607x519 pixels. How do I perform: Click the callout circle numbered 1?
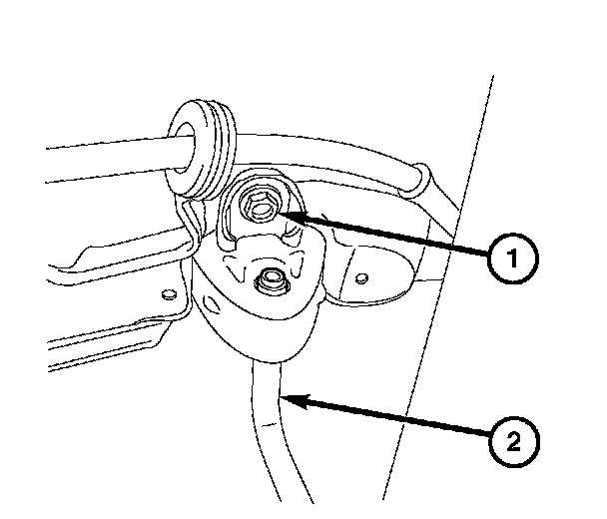tap(511, 259)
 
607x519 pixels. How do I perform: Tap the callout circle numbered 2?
tap(512, 439)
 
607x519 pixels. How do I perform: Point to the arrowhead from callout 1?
tap(284, 213)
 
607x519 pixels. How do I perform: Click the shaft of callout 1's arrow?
tap(389, 236)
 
